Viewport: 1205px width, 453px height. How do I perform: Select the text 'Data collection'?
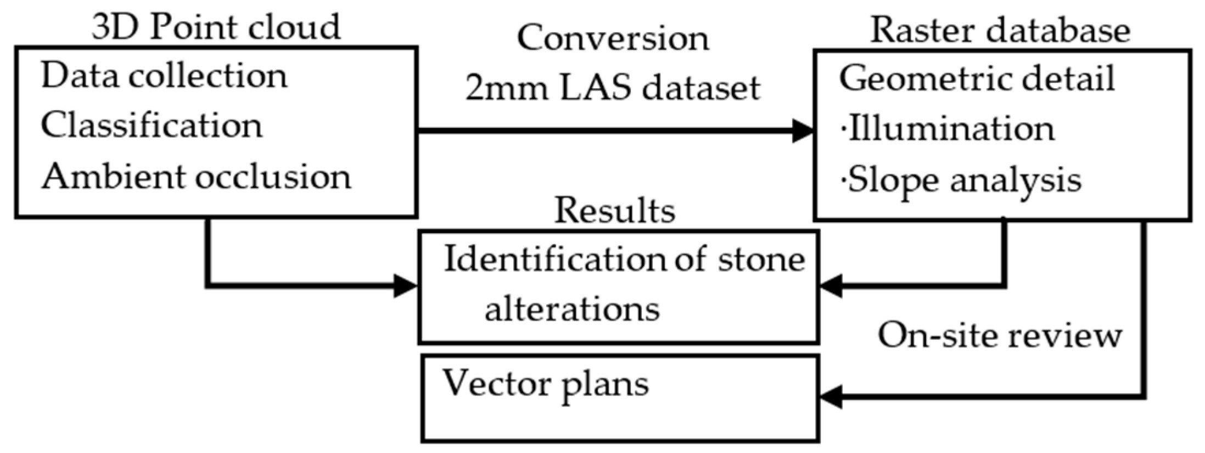164,76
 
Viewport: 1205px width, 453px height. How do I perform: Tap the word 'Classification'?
152,126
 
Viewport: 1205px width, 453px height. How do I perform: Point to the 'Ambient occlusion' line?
196,177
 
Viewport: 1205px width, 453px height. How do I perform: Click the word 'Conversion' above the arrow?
613,38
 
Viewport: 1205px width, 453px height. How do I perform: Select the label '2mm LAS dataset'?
613,88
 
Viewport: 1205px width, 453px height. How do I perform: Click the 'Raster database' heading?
1000,30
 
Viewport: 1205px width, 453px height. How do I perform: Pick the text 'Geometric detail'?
977,78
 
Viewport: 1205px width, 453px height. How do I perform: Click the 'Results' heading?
614,211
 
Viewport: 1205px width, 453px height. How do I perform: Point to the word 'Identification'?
554,259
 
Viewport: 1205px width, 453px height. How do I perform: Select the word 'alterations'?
571,309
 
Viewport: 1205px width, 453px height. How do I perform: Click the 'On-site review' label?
1000,335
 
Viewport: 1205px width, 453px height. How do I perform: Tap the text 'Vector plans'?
546,383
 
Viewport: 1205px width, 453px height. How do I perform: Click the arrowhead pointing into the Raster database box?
803,131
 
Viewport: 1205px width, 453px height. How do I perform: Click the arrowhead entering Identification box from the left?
406,286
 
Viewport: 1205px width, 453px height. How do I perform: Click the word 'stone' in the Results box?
761,259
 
